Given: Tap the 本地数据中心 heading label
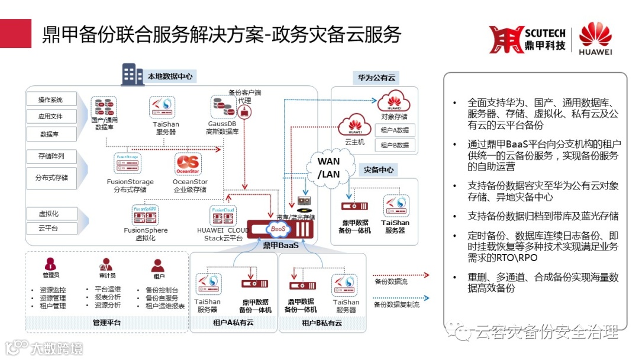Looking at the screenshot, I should click(x=170, y=76).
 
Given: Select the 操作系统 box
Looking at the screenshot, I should click(x=51, y=99).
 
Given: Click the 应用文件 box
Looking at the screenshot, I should click(x=51, y=117).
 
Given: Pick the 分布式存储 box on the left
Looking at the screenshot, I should click(x=51, y=178).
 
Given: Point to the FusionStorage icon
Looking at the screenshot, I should click(x=130, y=163).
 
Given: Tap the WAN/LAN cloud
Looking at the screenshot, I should click(x=329, y=167).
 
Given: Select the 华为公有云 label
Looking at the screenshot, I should click(x=376, y=78).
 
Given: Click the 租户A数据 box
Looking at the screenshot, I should click(x=395, y=130).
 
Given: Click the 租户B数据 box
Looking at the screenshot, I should click(x=395, y=145).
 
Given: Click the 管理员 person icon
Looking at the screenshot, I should click(x=51, y=265).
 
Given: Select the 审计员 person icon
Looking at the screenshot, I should click(x=107, y=265).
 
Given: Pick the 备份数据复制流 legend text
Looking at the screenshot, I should click(x=396, y=304).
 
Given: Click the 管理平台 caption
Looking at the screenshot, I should click(x=106, y=323).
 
